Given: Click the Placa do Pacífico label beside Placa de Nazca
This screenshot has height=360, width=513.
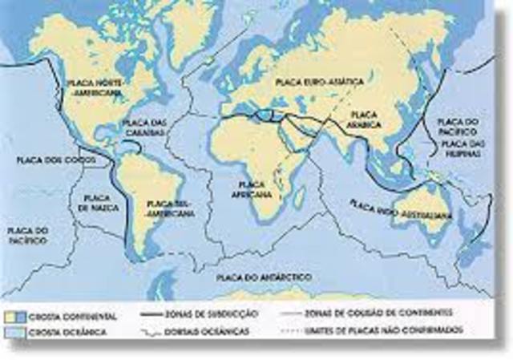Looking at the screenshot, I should (x=29, y=235).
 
